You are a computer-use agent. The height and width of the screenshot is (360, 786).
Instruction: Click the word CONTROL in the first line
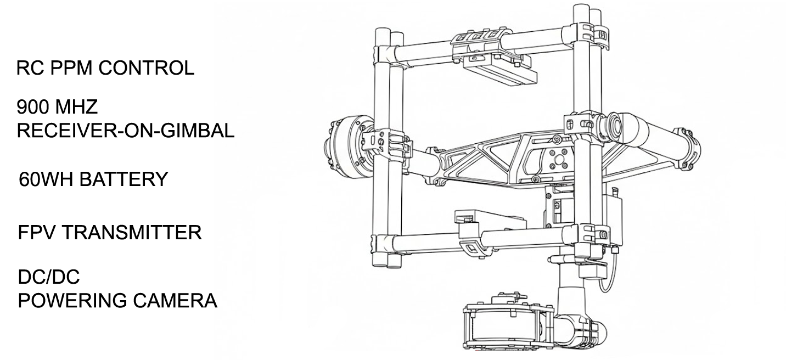tap(147, 68)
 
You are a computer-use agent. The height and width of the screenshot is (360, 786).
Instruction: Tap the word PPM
tap(71, 68)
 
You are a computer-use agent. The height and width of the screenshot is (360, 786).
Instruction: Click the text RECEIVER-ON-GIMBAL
tap(125, 131)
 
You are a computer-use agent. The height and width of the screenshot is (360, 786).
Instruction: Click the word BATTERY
tap(124, 179)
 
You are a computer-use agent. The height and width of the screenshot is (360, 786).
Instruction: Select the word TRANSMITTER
tap(132, 233)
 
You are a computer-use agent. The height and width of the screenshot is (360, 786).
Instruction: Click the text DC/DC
tap(49, 277)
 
